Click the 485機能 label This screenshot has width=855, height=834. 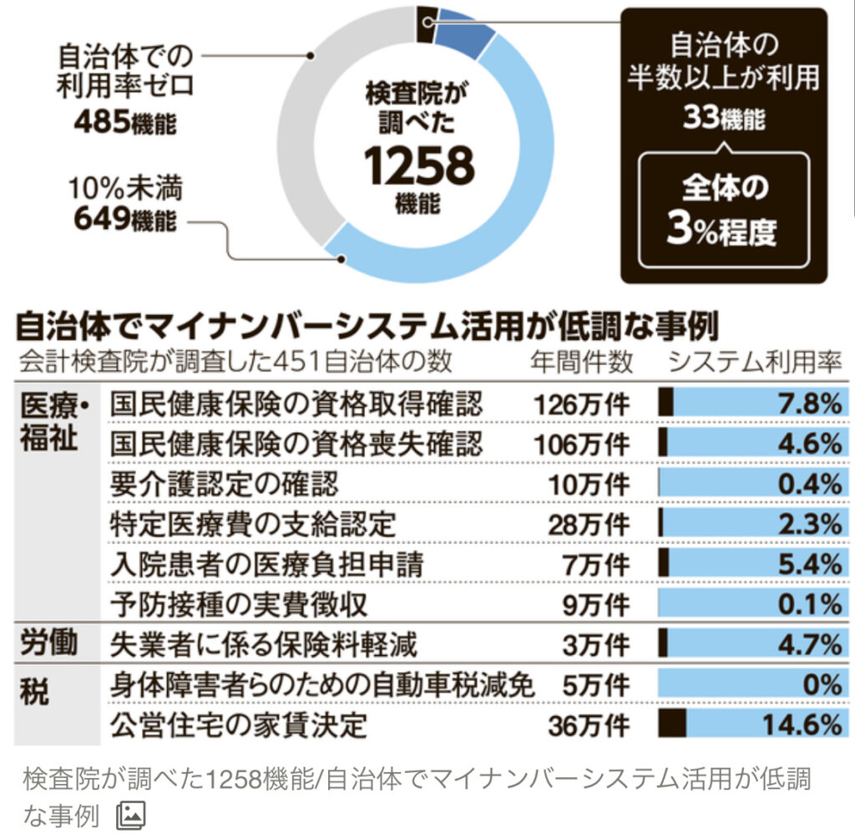coord(125,123)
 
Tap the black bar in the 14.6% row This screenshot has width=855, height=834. coord(672,725)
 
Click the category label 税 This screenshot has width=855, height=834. coord(35,691)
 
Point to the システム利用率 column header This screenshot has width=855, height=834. coord(752,362)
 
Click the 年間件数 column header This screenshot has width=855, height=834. coord(582,362)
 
